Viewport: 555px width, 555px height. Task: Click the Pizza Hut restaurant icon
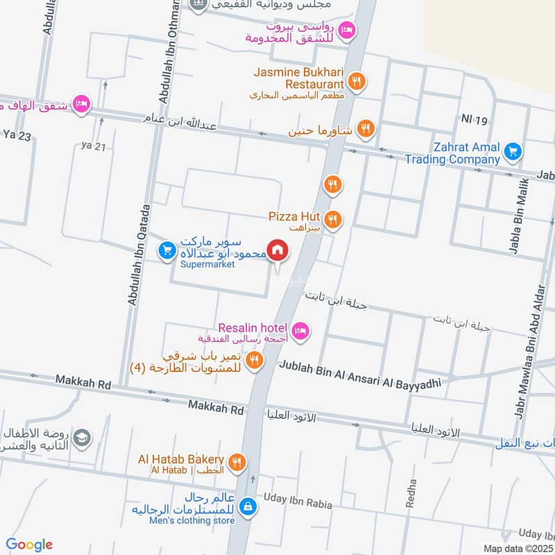coord(334,220)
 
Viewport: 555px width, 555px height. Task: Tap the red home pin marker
coord(278,251)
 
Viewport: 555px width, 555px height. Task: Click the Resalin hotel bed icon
coord(300,331)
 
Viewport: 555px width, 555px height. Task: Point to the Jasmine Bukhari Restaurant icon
coord(357,81)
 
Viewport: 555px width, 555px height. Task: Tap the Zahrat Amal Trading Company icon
coord(513,151)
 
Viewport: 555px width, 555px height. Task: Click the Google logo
coord(29,545)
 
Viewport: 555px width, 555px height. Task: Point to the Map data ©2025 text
coord(518,548)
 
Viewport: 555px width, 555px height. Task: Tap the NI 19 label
coord(475,121)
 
